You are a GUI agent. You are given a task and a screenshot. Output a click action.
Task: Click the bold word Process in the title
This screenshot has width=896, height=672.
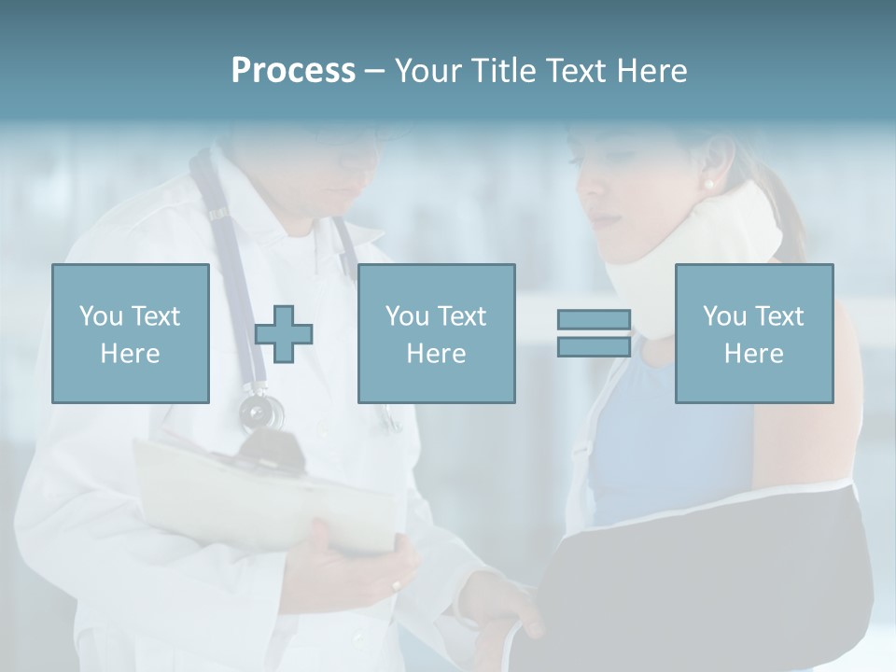click(293, 71)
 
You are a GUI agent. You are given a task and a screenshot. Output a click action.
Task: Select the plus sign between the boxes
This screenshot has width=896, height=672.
click(284, 334)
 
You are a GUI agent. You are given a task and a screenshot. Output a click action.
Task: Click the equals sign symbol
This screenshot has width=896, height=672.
click(594, 333)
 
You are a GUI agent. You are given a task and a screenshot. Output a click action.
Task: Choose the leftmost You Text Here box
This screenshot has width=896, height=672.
click(131, 333)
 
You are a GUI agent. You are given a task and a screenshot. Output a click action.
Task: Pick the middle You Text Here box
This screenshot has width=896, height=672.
click(436, 333)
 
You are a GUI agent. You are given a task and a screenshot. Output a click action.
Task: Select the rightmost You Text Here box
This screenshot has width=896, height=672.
click(754, 333)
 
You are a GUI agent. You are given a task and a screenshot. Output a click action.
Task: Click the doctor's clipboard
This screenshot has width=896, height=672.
click(261, 495)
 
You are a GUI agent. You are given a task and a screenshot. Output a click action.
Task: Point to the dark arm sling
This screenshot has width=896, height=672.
click(709, 569)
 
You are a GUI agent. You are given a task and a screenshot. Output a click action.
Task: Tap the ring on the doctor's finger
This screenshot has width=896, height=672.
click(396, 585)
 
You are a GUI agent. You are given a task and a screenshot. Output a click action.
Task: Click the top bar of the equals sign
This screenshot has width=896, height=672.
click(594, 320)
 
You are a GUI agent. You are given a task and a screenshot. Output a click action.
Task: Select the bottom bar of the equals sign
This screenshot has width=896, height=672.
click(594, 346)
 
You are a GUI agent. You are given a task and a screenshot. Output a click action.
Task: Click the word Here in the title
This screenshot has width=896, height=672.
click(651, 71)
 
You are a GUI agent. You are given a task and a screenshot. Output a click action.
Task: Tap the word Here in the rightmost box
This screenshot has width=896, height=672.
click(754, 353)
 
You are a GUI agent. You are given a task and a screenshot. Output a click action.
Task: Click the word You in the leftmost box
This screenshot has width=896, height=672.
click(100, 315)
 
